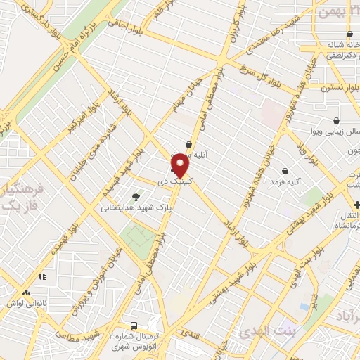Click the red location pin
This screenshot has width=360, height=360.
[x=181, y=166]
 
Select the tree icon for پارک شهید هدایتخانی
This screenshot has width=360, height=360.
[x=136, y=197]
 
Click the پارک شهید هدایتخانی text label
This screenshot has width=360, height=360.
[x=137, y=208]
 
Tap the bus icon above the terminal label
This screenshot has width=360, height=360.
[x=134, y=326]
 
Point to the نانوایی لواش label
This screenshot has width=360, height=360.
[x=27, y=303]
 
